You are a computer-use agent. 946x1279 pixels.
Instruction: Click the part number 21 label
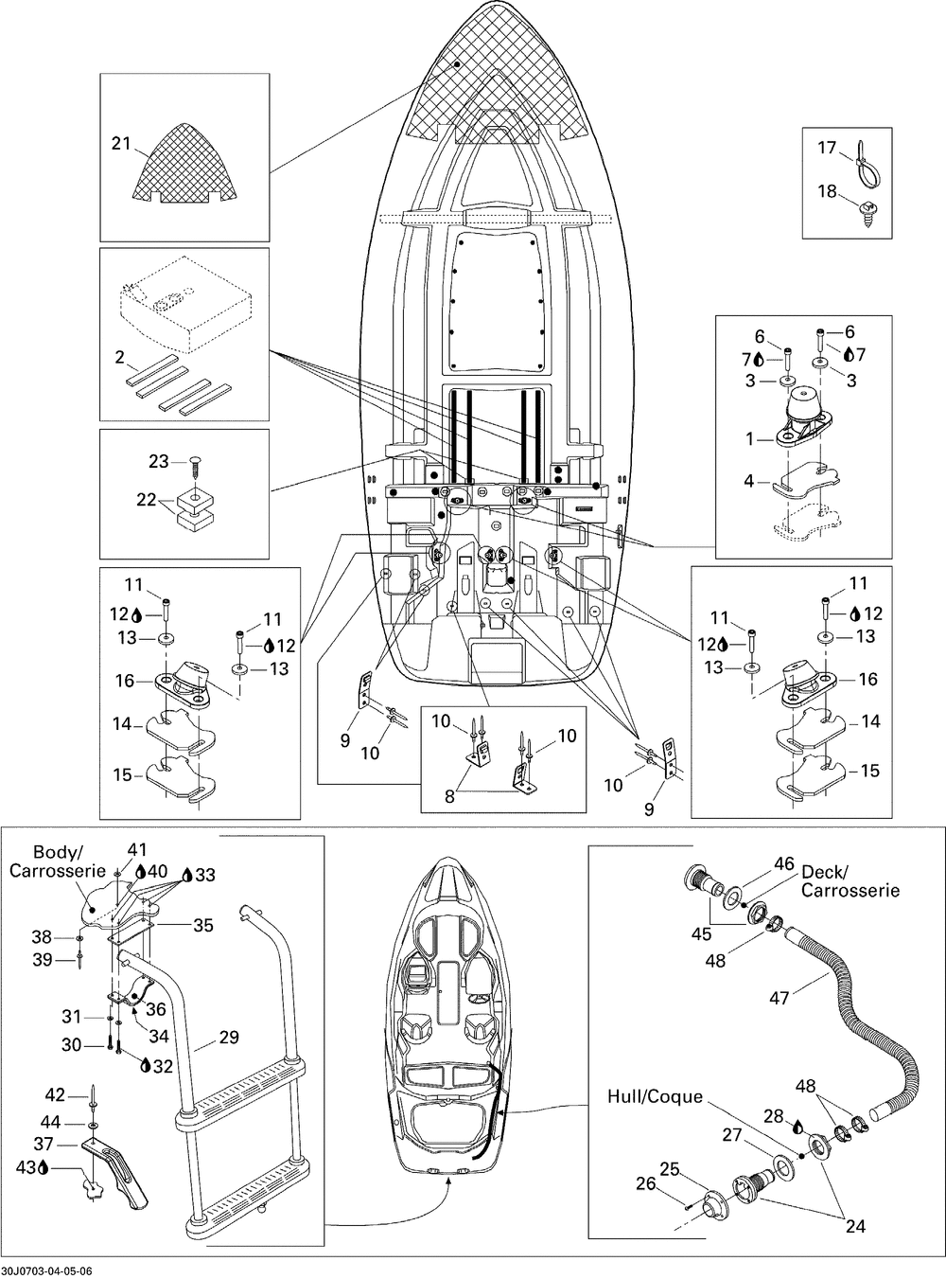[x=121, y=143]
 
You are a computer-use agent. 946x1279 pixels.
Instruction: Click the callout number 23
[x=159, y=461]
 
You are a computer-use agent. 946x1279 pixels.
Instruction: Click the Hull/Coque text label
[x=655, y=1096]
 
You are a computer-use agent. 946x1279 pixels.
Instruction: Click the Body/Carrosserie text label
[x=58, y=861]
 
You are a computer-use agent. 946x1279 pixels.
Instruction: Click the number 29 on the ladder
[x=229, y=1038]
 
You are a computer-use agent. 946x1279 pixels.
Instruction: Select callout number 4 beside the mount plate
[x=749, y=480]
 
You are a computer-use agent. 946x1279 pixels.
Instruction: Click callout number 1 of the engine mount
[x=749, y=439]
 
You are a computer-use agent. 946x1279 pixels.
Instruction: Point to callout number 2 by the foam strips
[x=119, y=357]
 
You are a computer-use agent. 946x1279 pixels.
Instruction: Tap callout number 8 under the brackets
[x=449, y=796]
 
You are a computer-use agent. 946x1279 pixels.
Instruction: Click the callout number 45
[x=702, y=933]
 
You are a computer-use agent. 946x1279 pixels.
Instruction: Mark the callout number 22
[x=146, y=499]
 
